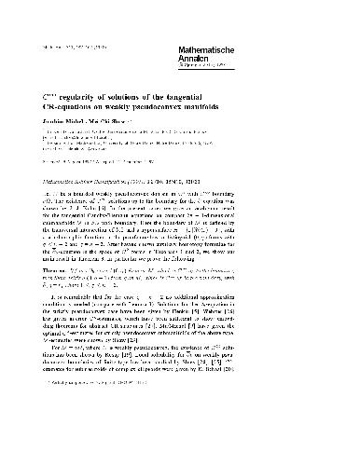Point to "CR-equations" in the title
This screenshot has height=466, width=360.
point(79,107)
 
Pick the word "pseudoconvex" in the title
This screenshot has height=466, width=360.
point(209,107)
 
